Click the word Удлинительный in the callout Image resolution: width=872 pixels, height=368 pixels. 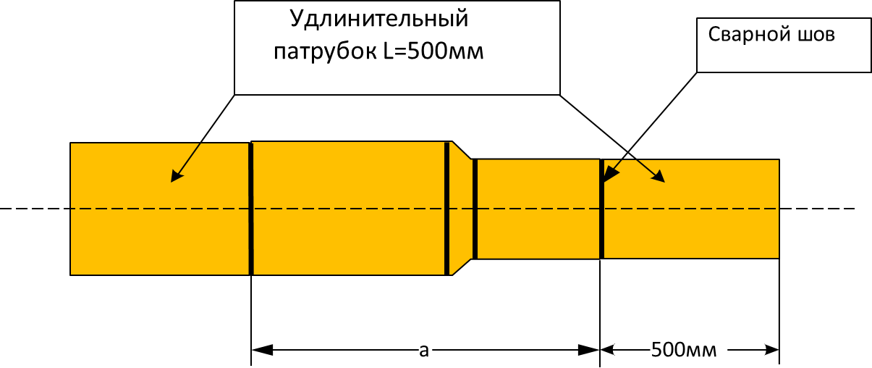pos(378,20)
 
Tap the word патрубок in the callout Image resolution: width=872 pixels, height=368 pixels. pos(326,52)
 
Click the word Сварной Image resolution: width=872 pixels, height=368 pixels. pos(748,34)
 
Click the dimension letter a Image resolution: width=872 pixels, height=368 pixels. pos(423,351)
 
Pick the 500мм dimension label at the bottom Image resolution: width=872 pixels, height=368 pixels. pos(684,350)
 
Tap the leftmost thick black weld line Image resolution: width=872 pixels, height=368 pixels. pos(251,209)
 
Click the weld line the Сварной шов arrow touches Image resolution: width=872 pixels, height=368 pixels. pos(602,209)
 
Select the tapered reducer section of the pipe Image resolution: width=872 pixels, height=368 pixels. pos(460,209)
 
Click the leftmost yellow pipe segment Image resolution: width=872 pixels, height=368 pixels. pos(160,209)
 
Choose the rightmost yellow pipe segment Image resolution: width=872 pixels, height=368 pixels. pos(691,209)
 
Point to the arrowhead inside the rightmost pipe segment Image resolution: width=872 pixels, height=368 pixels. pos(659,177)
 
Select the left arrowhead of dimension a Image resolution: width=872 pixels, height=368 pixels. pos(263,350)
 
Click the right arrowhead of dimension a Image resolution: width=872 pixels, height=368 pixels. pos(588,350)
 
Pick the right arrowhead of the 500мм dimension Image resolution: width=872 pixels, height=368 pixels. pos(771,350)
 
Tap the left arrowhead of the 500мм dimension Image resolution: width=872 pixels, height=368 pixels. pos(607,350)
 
